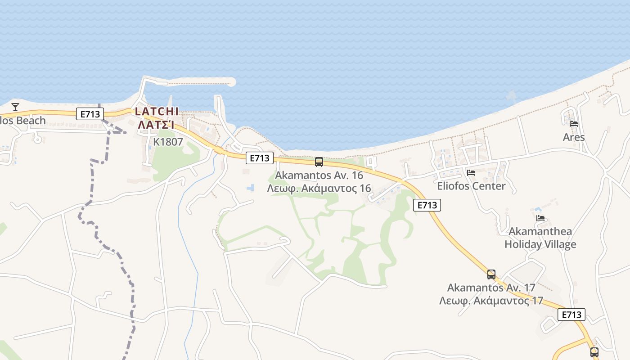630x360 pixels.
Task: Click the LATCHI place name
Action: click(157, 111)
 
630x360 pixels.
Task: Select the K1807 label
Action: click(168, 142)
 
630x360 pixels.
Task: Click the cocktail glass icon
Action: click(15, 107)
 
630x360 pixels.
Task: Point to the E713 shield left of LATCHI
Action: click(90, 114)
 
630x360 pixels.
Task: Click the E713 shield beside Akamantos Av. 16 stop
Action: click(260, 158)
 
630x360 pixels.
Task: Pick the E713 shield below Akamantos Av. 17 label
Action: click(571, 315)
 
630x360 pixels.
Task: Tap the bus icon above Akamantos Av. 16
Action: click(319, 162)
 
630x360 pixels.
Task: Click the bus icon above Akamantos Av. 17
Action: click(491, 274)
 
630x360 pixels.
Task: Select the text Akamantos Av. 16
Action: click(319, 175)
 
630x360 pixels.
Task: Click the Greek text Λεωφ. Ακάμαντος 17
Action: click(491, 301)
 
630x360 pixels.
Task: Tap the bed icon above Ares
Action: click(573, 124)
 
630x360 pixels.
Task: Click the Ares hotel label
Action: click(574, 137)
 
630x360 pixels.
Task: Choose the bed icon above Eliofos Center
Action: click(471, 172)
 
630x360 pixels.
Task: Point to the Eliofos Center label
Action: click(471, 186)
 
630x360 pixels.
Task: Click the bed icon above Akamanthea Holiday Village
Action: click(540, 218)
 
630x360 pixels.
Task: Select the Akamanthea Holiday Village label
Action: click(540, 238)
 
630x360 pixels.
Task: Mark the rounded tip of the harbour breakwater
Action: click(231, 81)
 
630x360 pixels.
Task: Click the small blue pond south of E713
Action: click(250, 187)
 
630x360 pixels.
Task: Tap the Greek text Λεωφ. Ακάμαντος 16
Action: click(319, 188)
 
